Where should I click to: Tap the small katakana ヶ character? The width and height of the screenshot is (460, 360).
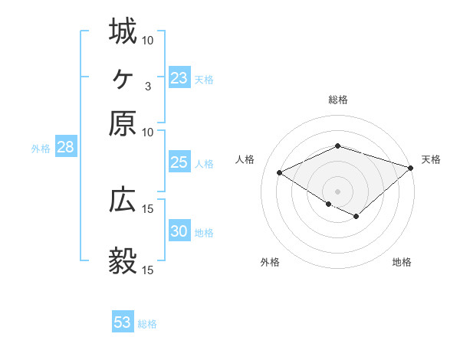[x=123, y=77]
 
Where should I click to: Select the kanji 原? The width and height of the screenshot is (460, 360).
[x=123, y=123]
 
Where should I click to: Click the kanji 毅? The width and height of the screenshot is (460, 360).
[x=123, y=261]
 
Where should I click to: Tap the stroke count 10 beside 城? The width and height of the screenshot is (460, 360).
[x=148, y=40]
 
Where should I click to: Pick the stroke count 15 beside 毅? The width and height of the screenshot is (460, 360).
[x=148, y=270]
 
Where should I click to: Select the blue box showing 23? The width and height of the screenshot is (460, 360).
[x=179, y=78]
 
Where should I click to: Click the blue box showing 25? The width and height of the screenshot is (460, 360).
[x=179, y=162]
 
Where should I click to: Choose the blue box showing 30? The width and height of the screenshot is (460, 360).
[x=179, y=231]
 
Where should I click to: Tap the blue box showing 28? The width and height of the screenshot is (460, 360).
[x=65, y=148]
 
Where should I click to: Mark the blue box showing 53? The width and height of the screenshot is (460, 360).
[x=123, y=322]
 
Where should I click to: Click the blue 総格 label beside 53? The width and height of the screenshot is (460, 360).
[x=147, y=324]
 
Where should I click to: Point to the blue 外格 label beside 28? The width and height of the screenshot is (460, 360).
[x=41, y=149]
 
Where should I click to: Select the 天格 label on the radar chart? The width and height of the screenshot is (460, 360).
[x=431, y=159]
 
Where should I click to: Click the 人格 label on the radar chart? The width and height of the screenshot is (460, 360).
[x=245, y=159]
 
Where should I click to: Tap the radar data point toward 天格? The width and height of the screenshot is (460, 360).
[x=412, y=167]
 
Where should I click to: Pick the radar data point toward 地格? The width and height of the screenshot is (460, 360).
[x=356, y=217]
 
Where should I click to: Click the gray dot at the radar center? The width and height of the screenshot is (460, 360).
[x=338, y=191]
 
